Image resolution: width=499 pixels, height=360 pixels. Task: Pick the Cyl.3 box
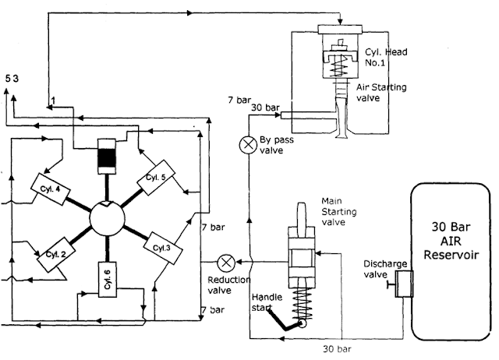pyautogui.click(x=161, y=247)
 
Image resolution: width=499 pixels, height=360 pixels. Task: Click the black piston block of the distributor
pyautogui.click(x=107, y=157)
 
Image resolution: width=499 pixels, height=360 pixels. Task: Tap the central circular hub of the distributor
pyautogui.click(x=107, y=216)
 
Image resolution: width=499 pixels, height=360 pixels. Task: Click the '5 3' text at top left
pyautogui.click(x=12, y=79)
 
